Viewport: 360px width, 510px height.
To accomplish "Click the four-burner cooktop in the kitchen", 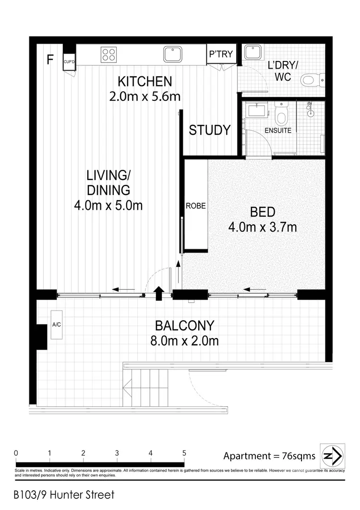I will [108, 55].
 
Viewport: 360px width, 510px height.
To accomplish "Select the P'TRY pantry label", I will [221, 55].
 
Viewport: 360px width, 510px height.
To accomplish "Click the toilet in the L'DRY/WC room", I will [313, 80].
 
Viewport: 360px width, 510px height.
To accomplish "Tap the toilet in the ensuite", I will [282, 114].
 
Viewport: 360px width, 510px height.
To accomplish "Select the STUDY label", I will [210, 130].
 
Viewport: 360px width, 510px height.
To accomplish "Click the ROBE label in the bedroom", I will [196, 206].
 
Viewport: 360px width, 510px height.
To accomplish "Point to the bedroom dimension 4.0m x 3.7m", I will [262, 226].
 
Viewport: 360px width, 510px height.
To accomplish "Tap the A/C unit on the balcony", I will [56, 325].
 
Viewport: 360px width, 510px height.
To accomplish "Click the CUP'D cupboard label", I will [69, 61].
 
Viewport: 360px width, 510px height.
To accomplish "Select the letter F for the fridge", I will [49, 60].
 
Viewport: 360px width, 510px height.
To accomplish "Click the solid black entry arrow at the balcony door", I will [158, 292].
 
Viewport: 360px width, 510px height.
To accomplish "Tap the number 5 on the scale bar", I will [184, 453].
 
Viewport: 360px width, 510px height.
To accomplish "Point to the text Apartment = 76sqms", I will [269, 456].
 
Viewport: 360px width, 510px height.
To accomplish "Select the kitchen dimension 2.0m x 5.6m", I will [144, 96].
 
